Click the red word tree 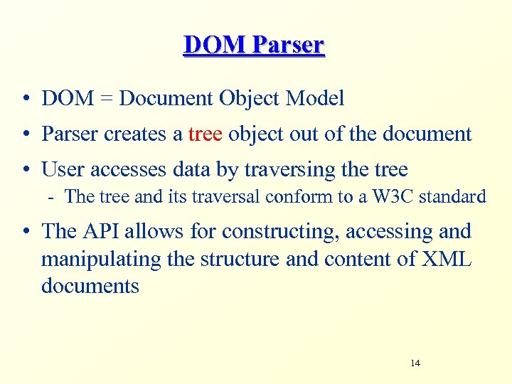[205, 134]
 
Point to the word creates [139, 134]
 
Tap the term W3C [390, 196]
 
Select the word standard [452, 196]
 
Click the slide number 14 [415, 363]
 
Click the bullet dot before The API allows [25, 232]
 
